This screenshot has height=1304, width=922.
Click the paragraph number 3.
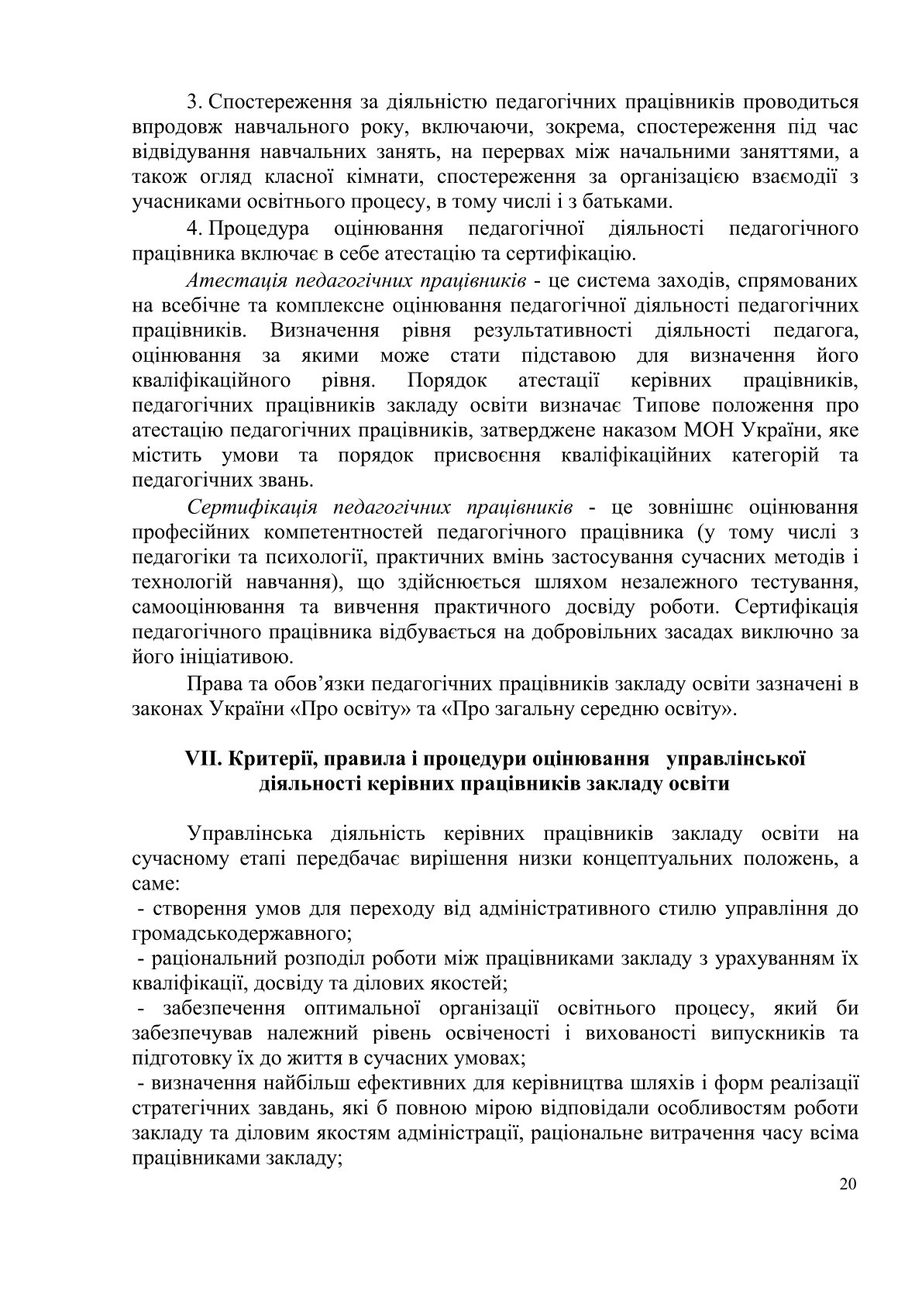coord(194,101)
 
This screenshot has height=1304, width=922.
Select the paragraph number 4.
coord(194,229)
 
